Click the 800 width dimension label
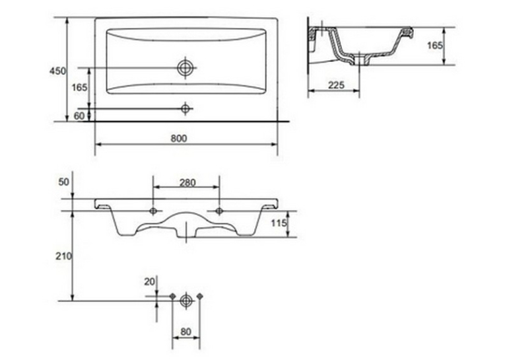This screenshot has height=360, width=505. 179,138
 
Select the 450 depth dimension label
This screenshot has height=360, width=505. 57,71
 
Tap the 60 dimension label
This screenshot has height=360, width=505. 79,116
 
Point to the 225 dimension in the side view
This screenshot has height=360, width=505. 336,85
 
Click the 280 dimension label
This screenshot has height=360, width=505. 187,183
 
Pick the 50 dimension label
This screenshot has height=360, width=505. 64,182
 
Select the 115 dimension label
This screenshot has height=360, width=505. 279,223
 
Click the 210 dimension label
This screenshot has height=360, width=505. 64,256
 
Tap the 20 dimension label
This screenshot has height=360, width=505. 150,281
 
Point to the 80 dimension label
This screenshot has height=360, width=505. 186,332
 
